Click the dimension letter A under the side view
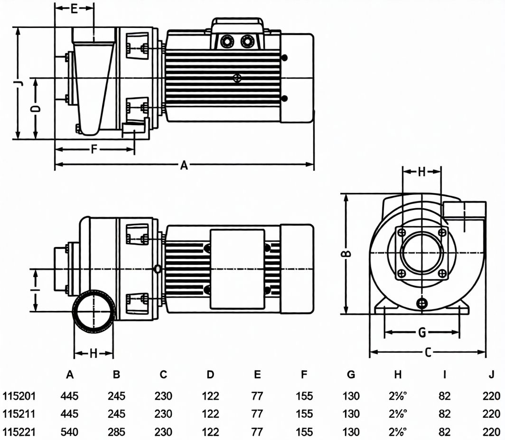[x=185, y=165]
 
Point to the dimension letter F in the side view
[x=94, y=149]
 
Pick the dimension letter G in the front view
[x=421, y=333]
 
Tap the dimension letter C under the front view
[x=428, y=352]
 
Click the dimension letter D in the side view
[x=36, y=109]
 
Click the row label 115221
[x=19, y=432]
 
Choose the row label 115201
[x=19, y=396]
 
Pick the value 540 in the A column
[x=69, y=432]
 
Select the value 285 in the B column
[x=116, y=432]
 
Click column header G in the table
[x=351, y=375]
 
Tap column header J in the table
[x=492, y=375]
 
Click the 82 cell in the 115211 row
[x=444, y=414]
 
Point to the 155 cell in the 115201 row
[x=304, y=396]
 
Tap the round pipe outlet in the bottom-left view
[x=94, y=312]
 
